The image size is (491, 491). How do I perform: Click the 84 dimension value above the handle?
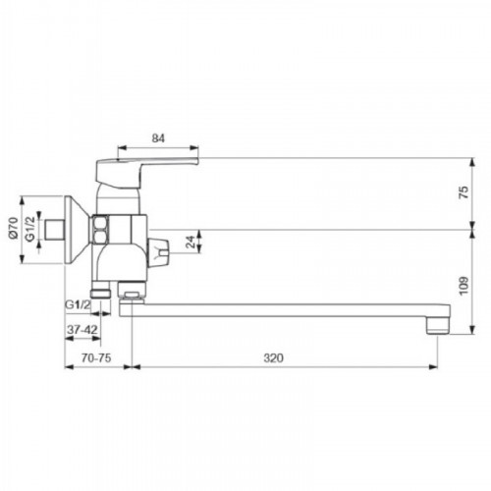(158, 138)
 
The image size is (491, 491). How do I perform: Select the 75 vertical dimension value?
(464, 192)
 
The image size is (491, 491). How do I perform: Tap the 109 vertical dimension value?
(464, 286)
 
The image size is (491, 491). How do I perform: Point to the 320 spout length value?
(273, 357)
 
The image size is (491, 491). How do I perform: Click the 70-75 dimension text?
(96, 357)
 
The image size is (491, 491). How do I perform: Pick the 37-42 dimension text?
(82, 330)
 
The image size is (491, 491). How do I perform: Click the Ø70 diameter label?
(13, 228)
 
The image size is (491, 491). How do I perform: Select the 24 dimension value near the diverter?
(191, 242)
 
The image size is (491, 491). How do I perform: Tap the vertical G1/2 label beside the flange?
(29, 229)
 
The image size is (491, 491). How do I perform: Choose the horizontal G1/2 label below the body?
(78, 304)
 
